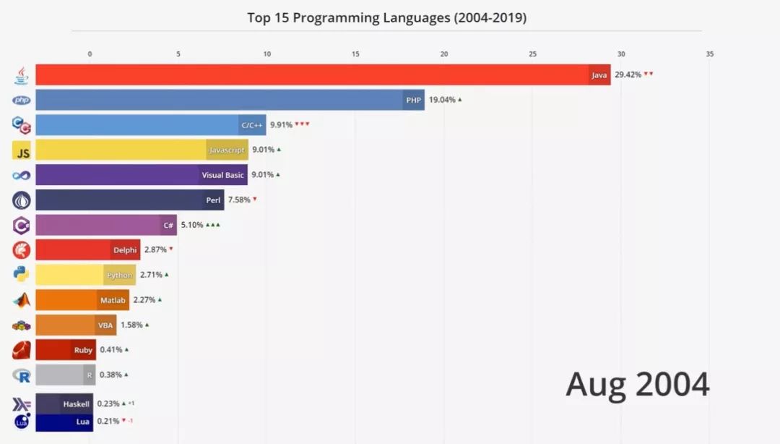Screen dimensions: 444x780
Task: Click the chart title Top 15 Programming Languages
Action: point(386,17)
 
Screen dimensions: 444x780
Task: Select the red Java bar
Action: point(311,74)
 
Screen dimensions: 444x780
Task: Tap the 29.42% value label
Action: point(627,74)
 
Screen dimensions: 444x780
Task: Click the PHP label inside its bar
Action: point(413,100)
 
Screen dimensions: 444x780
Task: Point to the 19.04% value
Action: point(441,100)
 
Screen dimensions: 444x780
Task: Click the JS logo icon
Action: point(22,150)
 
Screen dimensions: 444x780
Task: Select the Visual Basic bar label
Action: point(222,175)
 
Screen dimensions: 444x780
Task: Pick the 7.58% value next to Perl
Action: point(239,200)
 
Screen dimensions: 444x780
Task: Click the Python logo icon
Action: point(22,274)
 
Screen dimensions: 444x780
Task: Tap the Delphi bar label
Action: point(124,249)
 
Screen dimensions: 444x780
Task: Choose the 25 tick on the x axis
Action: point(532,54)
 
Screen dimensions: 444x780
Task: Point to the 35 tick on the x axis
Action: point(709,54)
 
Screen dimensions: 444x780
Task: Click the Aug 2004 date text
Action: point(637,384)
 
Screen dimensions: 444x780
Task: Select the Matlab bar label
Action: point(113,299)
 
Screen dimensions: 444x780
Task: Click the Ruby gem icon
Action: point(22,350)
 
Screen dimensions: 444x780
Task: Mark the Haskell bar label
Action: point(76,404)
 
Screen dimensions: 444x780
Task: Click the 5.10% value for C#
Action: point(192,225)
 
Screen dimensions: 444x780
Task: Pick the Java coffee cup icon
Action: point(22,74)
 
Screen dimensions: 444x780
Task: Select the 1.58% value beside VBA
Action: point(131,325)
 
